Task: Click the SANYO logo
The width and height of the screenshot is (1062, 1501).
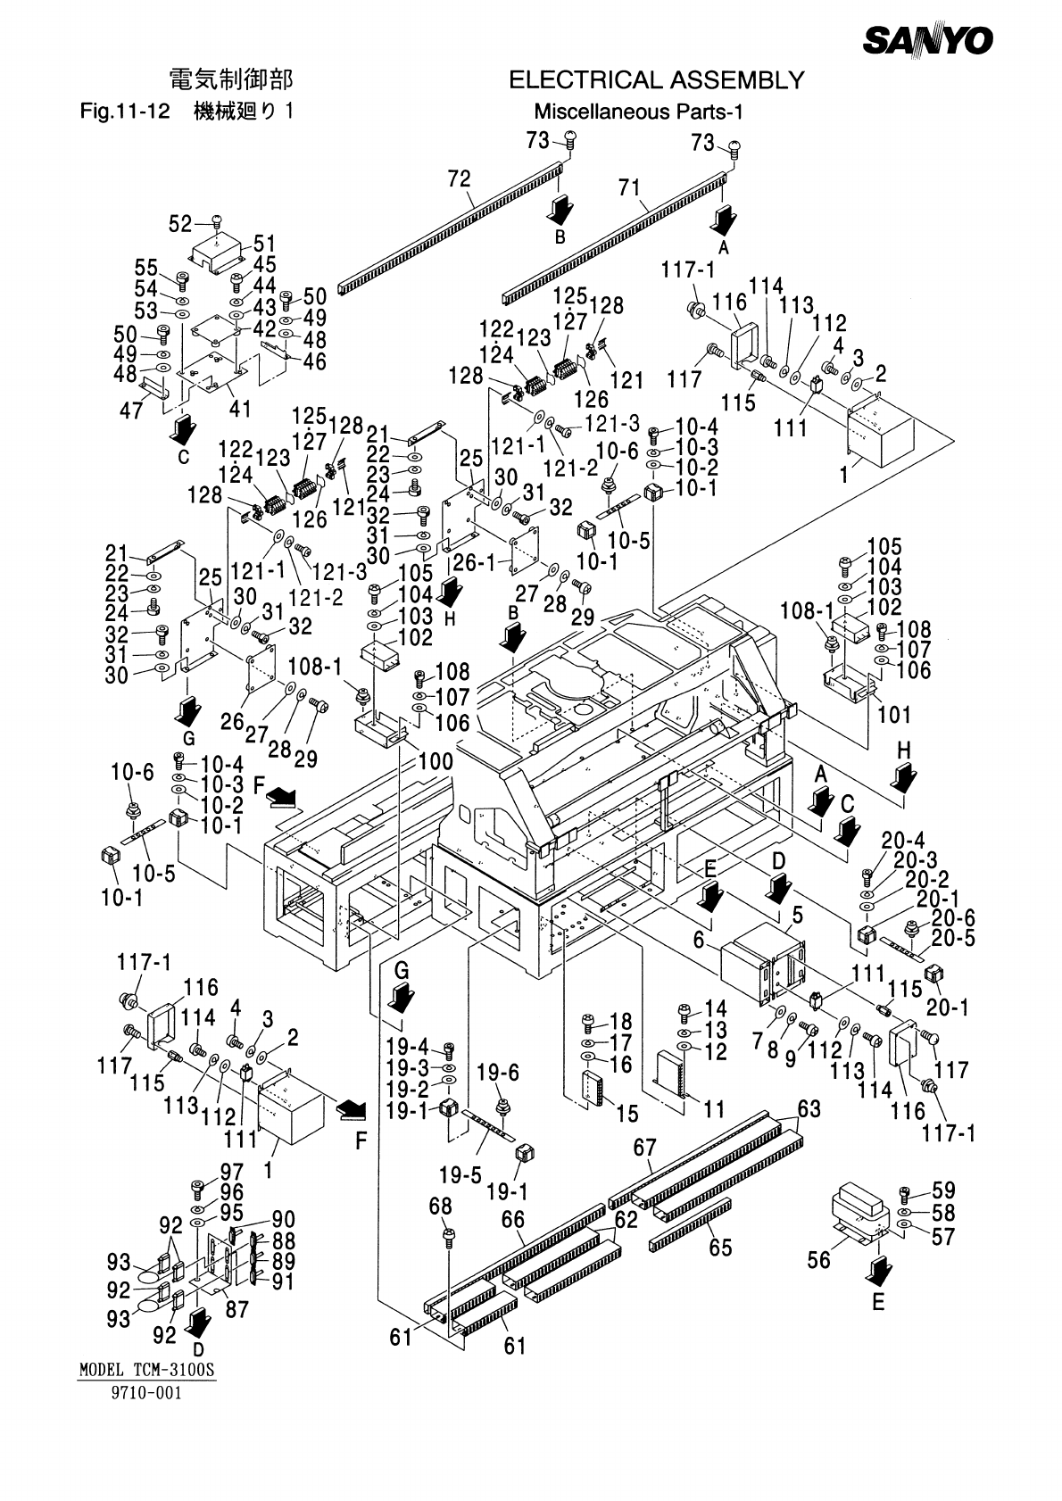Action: click(927, 40)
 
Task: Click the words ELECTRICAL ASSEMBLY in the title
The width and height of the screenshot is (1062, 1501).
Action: click(656, 81)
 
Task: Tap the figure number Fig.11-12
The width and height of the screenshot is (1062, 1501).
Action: click(124, 112)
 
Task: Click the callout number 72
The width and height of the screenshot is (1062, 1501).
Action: click(459, 179)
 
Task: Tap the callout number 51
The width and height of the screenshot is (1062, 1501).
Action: click(264, 244)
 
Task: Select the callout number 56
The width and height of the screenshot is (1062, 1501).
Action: click(818, 1259)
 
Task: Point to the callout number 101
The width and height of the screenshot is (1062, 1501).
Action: click(894, 714)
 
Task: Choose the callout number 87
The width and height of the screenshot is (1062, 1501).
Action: click(237, 1308)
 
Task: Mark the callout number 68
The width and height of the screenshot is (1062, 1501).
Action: click(440, 1206)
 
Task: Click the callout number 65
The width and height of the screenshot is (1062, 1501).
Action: click(720, 1247)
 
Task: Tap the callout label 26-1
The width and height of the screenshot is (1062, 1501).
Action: click(474, 563)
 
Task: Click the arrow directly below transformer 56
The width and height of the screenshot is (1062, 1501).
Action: click(879, 1268)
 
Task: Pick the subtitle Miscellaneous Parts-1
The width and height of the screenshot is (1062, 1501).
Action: click(638, 112)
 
